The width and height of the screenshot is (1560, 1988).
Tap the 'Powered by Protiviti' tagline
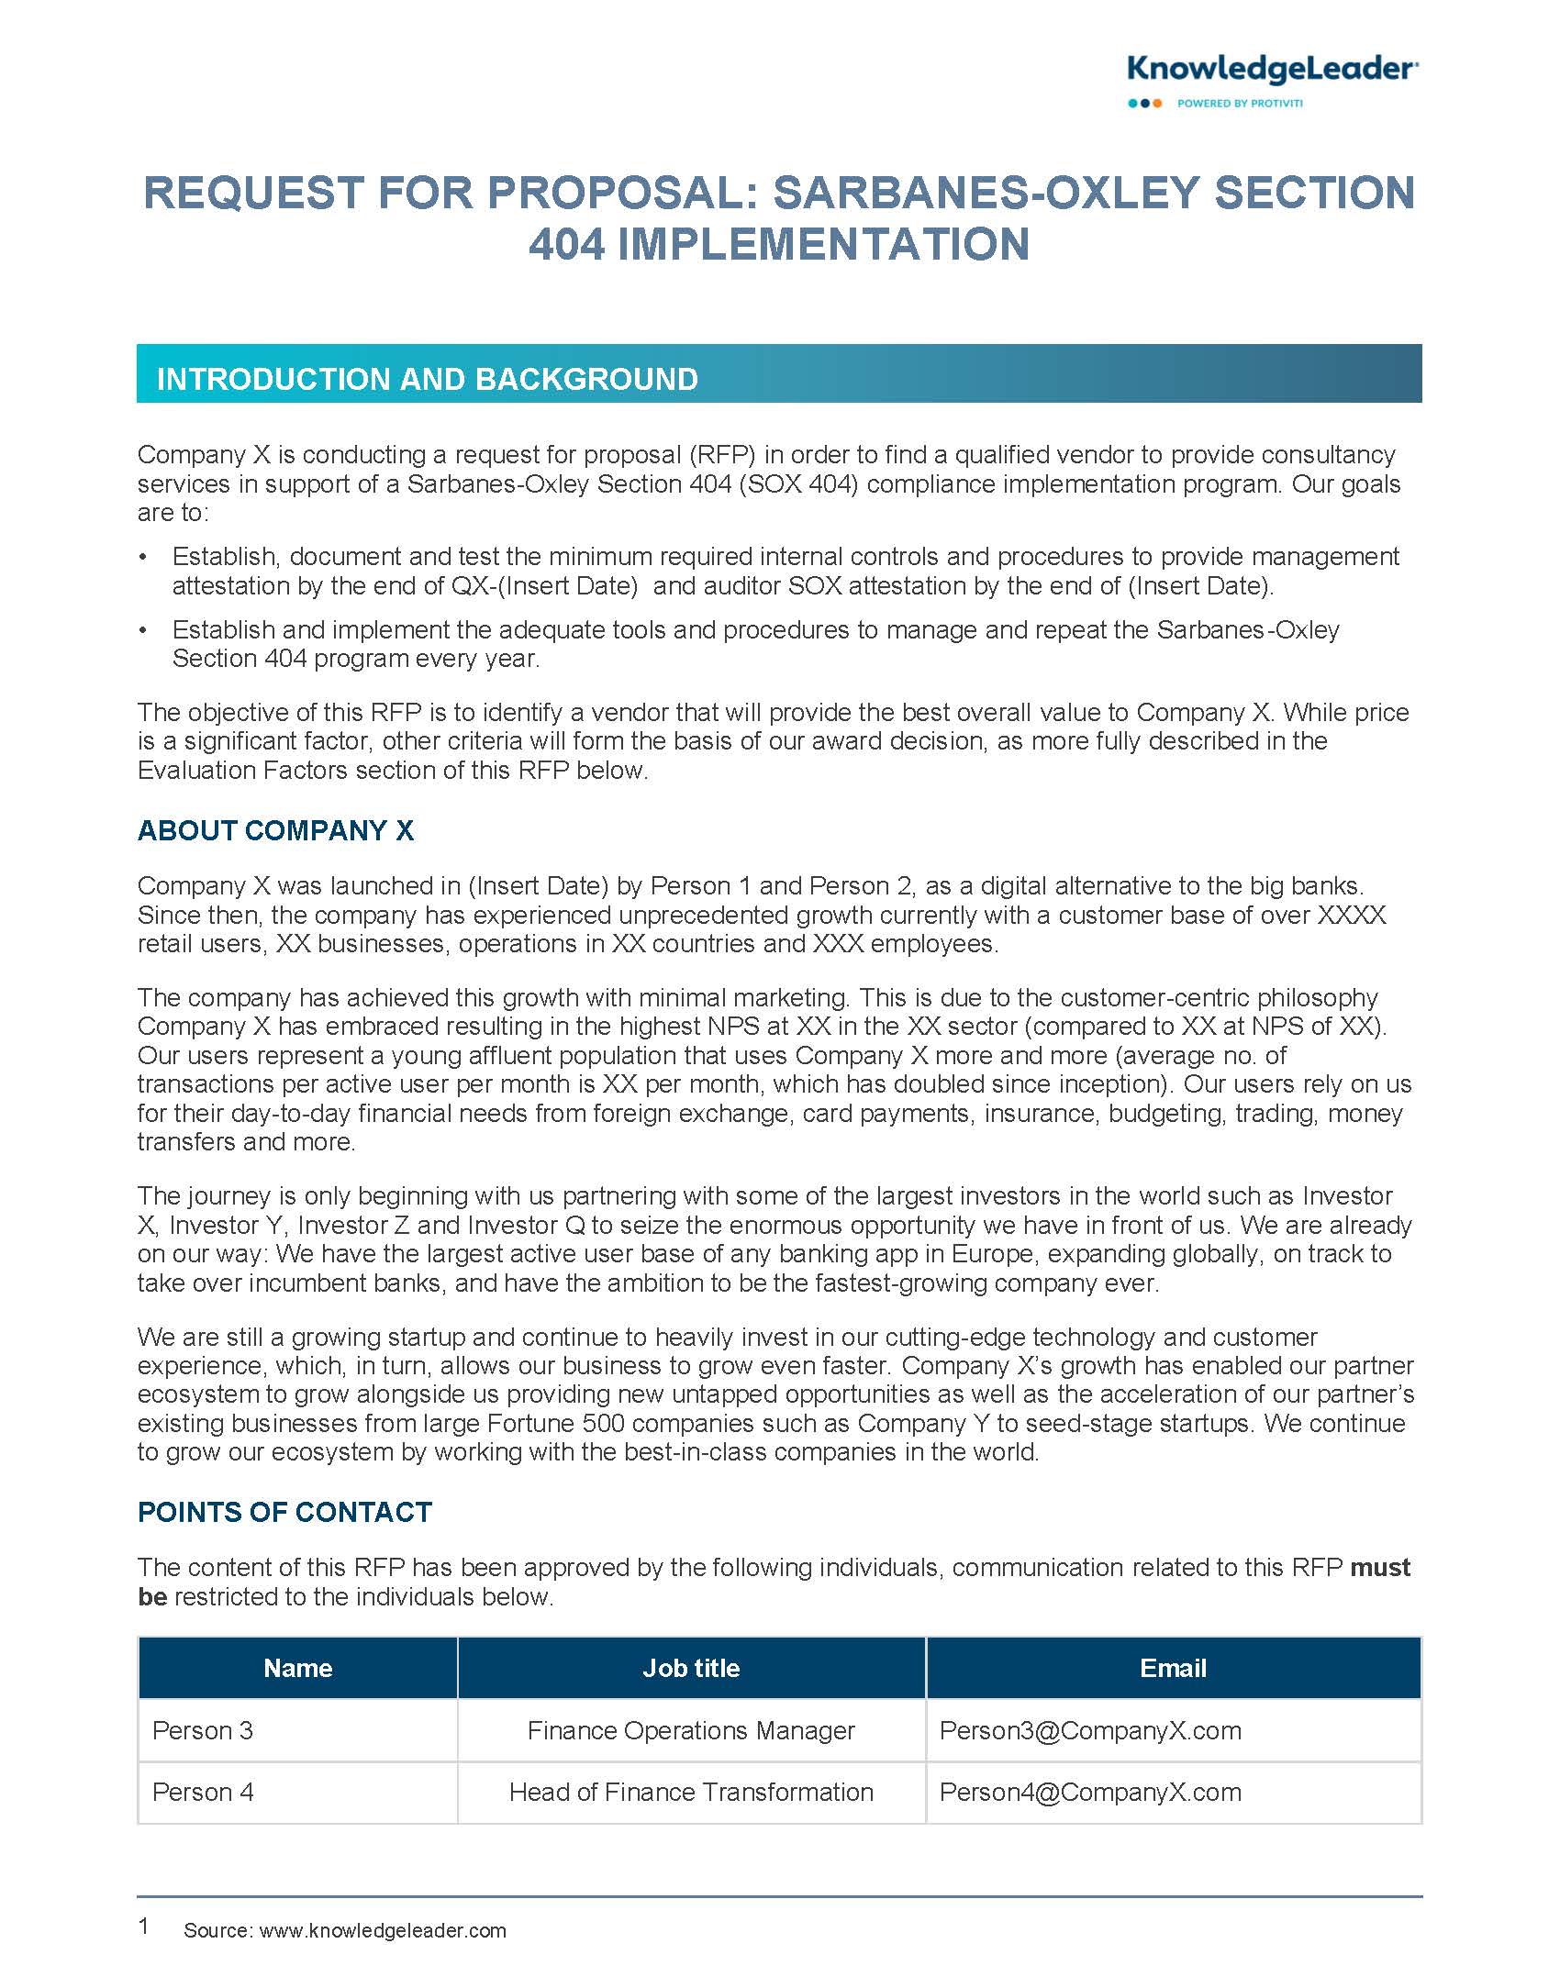click(1239, 104)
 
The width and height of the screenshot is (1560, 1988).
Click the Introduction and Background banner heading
click(427, 379)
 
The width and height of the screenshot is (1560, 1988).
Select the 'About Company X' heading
click(275, 830)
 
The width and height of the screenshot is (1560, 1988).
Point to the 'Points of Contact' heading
click(284, 1513)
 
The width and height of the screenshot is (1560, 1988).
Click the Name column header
click(297, 1668)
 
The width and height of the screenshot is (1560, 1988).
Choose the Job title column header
click(691, 1668)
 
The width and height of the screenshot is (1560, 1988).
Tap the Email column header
click(1173, 1668)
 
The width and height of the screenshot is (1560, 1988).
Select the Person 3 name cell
click(203, 1730)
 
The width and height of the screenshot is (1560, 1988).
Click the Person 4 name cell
click(203, 1792)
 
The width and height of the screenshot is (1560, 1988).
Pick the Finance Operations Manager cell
click(691, 1730)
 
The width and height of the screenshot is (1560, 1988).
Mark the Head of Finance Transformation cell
click(691, 1792)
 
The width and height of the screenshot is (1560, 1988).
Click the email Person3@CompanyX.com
click(1090, 1730)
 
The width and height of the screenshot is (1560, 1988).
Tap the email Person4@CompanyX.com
click(1090, 1792)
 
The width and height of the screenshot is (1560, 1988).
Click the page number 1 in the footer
click(143, 1926)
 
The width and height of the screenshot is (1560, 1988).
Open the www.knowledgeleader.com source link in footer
click(383, 1930)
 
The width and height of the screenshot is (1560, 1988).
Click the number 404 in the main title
click(566, 244)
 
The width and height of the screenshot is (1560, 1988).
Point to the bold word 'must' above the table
click(1380, 1568)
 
